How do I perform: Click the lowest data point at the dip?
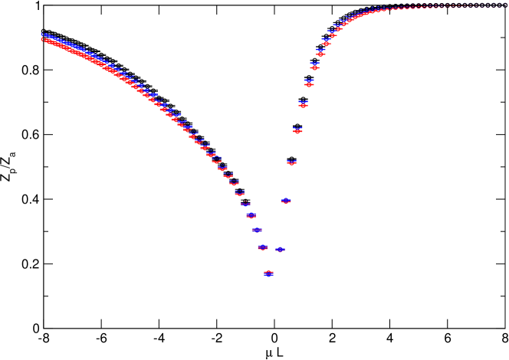coord(268,273)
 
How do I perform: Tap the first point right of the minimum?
coord(280,250)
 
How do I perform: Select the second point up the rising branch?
coord(286,201)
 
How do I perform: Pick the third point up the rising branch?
coord(291,162)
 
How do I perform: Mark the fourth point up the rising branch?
coord(297,131)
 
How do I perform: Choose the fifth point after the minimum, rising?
coord(303,103)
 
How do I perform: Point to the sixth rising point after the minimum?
coord(309,83)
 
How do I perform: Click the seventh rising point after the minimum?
coord(314,67)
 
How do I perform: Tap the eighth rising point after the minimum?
coord(320,54)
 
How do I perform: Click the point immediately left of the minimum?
coord(262,247)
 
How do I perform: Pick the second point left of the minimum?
coord(257,230)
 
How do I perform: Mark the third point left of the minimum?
coord(251,216)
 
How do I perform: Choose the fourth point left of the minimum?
coord(245,204)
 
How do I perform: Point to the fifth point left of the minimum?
coord(239,193)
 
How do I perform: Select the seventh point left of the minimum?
coord(228,175)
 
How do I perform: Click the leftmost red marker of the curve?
coord(43,39)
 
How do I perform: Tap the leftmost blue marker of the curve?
coord(43,35)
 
